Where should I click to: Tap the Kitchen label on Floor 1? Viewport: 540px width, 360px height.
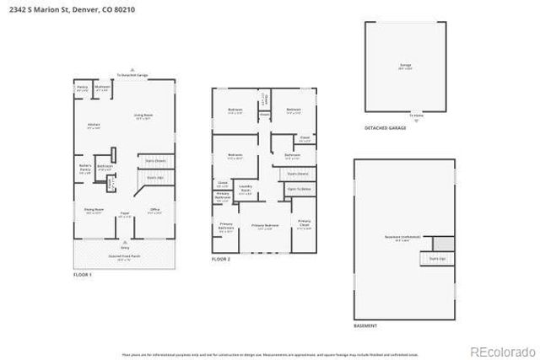pyautogui.click(x=94, y=126)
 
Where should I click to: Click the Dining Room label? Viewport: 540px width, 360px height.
pyautogui.click(x=94, y=211)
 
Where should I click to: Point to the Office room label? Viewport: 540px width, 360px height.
pyautogui.click(x=154, y=211)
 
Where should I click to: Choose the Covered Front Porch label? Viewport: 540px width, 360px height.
pyautogui.click(x=125, y=257)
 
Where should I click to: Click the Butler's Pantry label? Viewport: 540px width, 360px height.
pyautogui.click(x=85, y=168)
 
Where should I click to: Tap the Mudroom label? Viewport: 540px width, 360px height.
pyautogui.click(x=102, y=88)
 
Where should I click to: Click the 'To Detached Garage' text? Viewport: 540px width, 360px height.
pyautogui.click(x=132, y=76)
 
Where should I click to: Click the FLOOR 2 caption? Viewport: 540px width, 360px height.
pyautogui.click(x=220, y=259)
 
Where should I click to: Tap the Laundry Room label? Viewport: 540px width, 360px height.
pyautogui.click(x=247, y=188)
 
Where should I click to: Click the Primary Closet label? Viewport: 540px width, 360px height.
pyautogui.click(x=304, y=224)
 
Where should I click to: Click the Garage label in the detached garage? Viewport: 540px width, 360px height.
pyautogui.click(x=405, y=66)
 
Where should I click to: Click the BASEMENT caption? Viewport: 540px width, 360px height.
pyautogui.click(x=366, y=325)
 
